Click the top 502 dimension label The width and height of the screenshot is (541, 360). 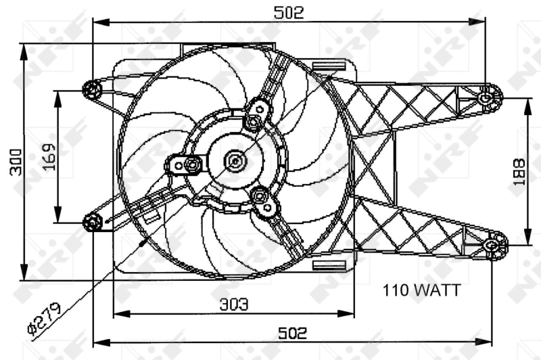(289, 12)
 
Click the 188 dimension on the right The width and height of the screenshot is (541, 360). (519, 172)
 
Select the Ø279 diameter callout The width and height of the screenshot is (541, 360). (44, 317)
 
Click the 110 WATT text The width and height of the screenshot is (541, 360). (421, 291)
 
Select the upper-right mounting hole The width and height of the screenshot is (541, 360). (485, 98)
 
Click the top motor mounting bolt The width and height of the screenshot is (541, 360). (254, 122)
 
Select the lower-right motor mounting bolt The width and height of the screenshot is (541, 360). (260, 197)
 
